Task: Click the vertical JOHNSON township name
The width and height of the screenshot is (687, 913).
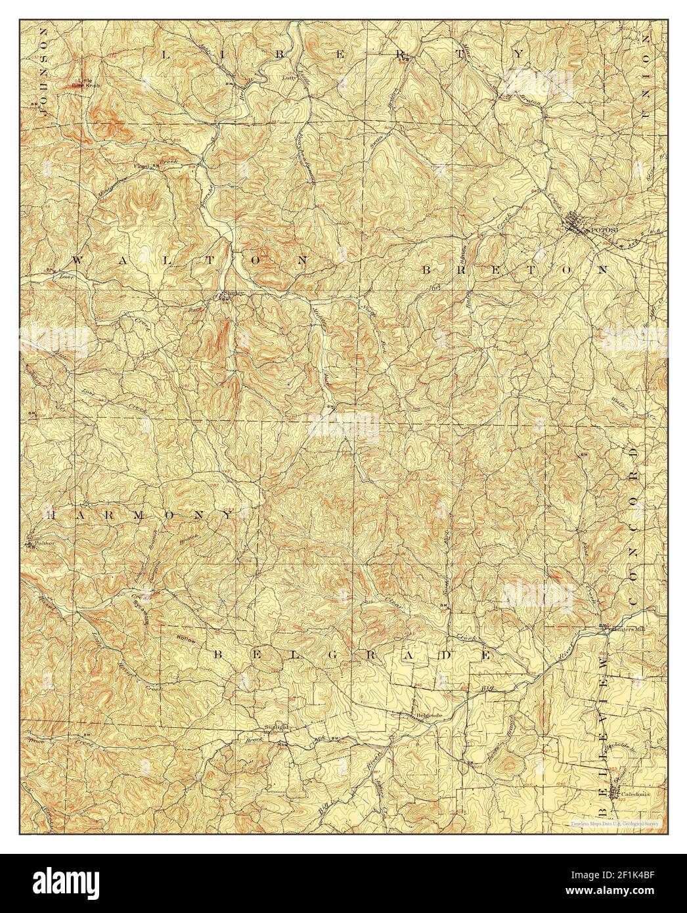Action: click(x=45, y=72)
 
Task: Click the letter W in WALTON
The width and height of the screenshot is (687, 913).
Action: click(x=77, y=260)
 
